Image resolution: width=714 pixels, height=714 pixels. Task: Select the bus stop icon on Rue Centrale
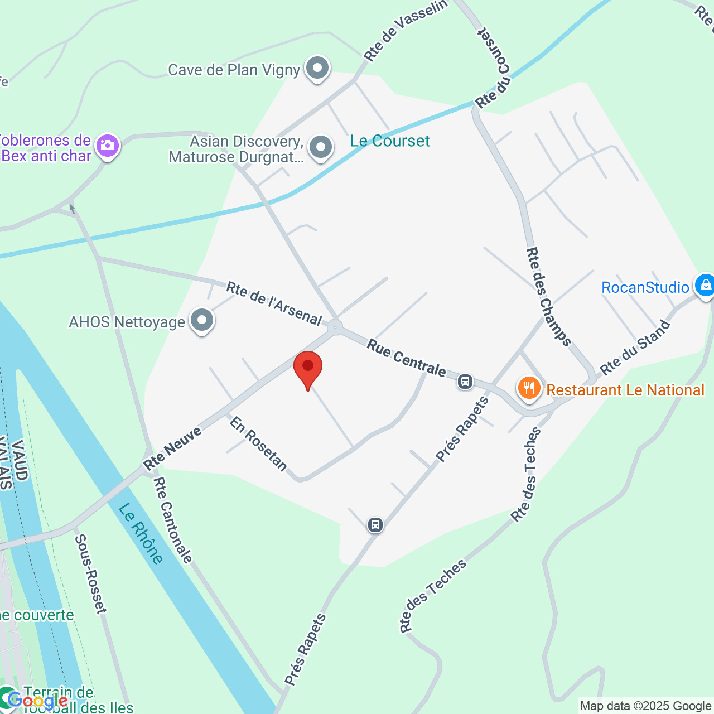[465, 382]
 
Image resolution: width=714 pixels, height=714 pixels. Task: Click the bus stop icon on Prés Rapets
[375, 525]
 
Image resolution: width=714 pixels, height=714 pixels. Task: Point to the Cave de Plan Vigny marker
[318, 68]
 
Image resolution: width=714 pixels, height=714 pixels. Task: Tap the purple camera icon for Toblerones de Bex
[108, 146]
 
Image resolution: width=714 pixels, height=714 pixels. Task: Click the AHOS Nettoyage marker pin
[202, 321]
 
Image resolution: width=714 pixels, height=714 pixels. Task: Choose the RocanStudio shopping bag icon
[705, 286]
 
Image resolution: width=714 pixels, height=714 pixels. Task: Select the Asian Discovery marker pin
[321, 148]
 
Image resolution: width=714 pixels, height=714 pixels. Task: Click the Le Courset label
[390, 141]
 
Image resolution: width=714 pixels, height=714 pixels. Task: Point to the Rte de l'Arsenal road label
[274, 303]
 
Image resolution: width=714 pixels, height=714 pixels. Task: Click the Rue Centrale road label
[406, 359]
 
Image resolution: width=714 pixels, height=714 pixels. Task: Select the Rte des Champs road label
[548, 297]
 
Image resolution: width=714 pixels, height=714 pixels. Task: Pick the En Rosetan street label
[258, 444]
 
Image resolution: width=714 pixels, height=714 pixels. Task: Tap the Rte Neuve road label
[172, 448]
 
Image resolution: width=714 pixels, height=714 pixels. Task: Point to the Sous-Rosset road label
[90, 573]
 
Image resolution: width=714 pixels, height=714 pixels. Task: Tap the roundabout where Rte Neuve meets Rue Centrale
[335, 327]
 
